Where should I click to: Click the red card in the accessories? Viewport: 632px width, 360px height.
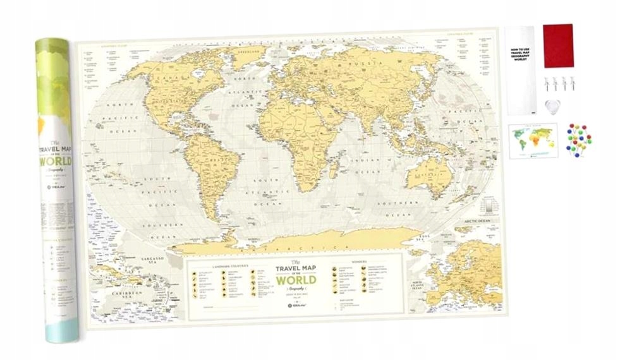pos(558,45)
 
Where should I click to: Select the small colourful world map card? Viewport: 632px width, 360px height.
pos(533,140)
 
